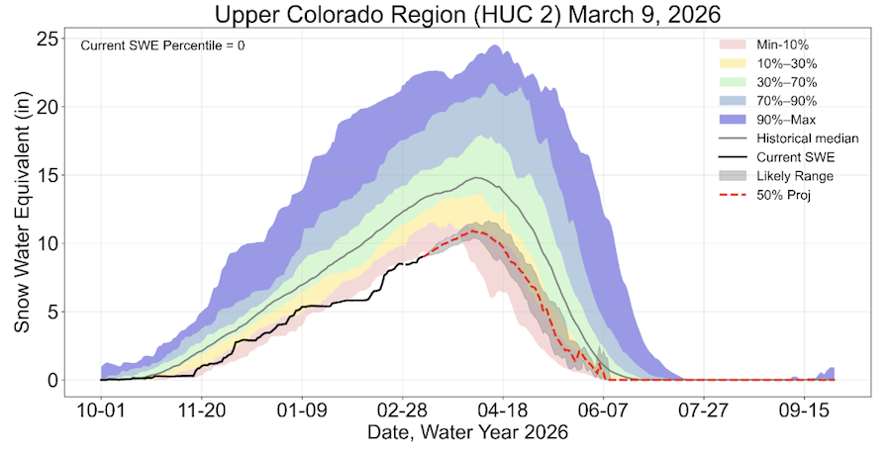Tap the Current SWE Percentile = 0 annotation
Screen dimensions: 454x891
(162, 45)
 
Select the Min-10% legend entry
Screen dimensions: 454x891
(781, 45)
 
